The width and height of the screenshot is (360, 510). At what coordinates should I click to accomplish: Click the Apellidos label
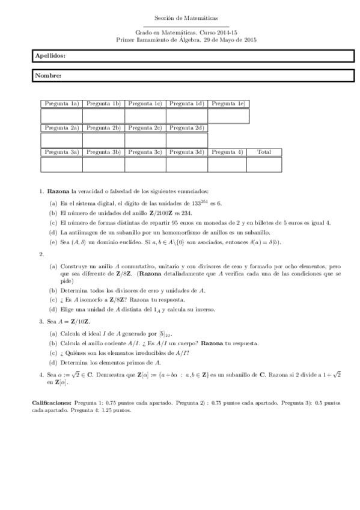(50, 55)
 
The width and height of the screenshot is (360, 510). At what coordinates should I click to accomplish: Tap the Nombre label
(48, 76)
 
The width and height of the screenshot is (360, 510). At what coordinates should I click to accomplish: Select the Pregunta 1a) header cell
(61, 103)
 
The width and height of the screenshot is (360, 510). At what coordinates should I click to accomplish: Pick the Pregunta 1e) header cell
(228, 103)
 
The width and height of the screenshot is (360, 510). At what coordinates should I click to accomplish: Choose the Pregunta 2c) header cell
(145, 127)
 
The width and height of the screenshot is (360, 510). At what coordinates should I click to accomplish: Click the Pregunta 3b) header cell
(103, 152)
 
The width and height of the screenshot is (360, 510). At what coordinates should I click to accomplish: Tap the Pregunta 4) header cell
(228, 152)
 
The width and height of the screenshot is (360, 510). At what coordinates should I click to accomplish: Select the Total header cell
(264, 152)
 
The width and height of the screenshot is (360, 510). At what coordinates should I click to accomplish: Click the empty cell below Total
(264, 164)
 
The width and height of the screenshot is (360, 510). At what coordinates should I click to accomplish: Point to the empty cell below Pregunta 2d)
(187, 140)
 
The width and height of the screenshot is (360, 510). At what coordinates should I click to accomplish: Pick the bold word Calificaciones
(52, 402)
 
